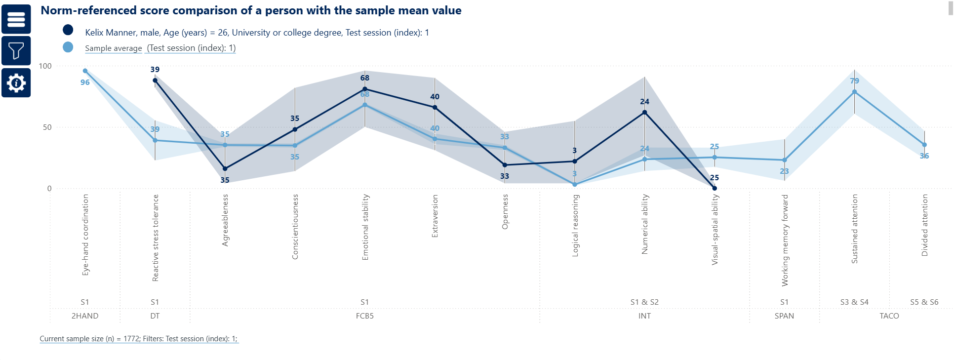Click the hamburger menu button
16,19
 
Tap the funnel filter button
16,51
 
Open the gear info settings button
16,82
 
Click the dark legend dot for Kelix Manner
68,30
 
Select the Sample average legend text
113,48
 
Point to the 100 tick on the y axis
45,66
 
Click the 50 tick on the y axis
47,127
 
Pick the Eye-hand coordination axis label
85,235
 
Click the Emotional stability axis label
365,227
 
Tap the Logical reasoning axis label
575,225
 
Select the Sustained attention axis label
855,229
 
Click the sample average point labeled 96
85,71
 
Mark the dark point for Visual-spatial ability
715,188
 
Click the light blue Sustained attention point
855,92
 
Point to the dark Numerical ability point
644,113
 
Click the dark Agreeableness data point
225,169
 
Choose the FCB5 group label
365,316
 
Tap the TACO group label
889,316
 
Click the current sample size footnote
139,339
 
